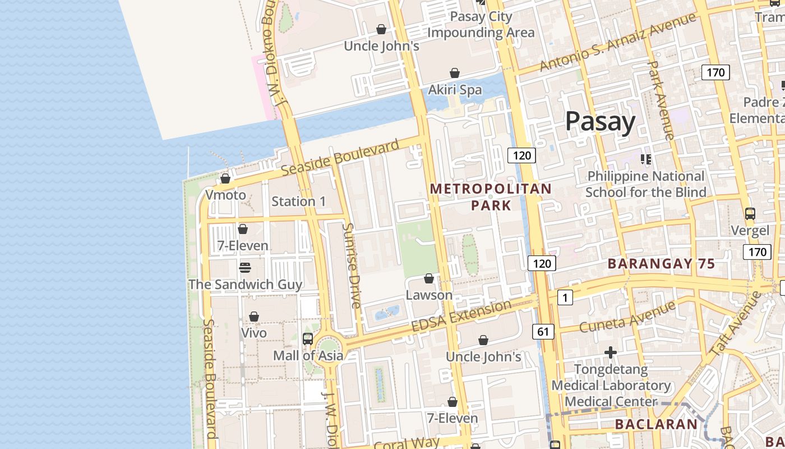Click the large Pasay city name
[x=600, y=121]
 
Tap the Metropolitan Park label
[x=491, y=197]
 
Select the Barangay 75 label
[x=661, y=264]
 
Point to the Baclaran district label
[x=656, y=424]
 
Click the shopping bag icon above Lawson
[x=429, y=278]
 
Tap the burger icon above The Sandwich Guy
[x=245, y=268]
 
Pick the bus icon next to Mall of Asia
[x=308, y=338]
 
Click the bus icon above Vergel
[x=750, y=214]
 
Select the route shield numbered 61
[x=543, y=332]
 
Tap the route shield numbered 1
[x=565, y=298]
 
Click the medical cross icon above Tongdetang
[x=611, y=352]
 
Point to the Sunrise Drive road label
[x=352, y=266]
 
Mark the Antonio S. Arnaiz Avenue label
[x=617, y=42]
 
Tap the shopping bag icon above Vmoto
[x=225, y=178]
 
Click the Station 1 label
[x=298, y=201]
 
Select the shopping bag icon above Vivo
[x=254, y=317]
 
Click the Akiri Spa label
[x=455, y=90]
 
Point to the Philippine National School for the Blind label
[x=645, y=184]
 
